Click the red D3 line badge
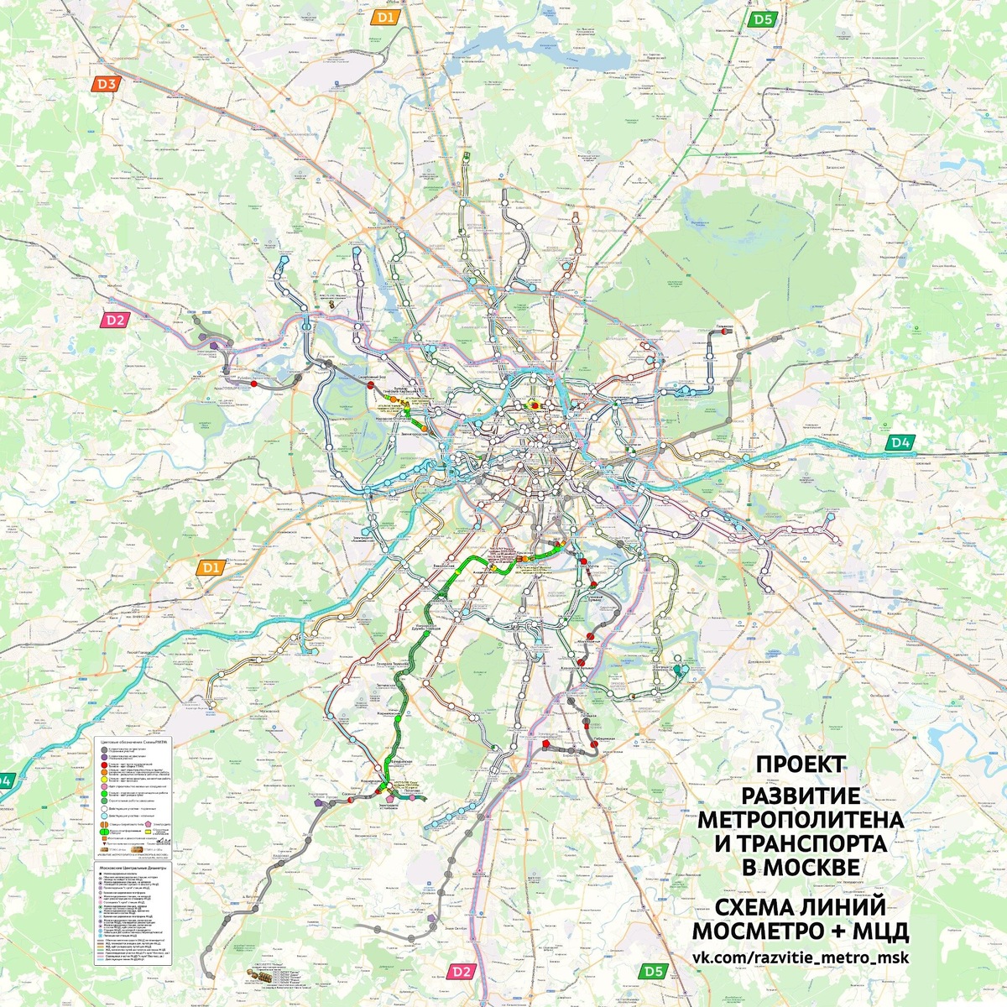(x=107, y=83)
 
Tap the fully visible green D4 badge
(x=900, y=442)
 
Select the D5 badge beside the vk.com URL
(x=655, y=971)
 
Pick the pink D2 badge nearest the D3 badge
(x=114, y=320)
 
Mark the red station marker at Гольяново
(x=723, y=332)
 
